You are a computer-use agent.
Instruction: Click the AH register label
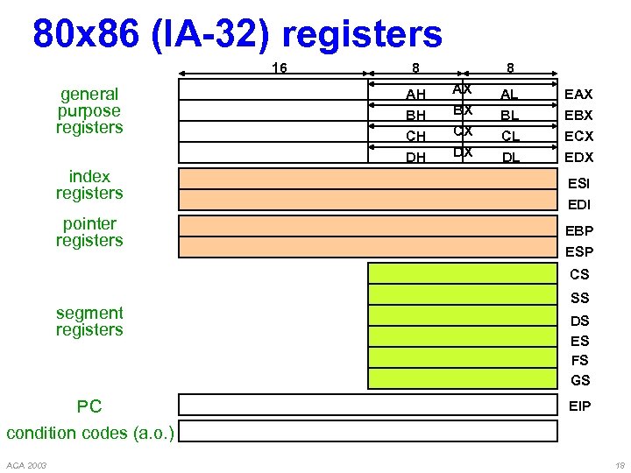[x=415, y=95]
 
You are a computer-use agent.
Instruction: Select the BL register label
[x=509, y=116]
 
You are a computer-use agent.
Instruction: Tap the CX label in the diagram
[x=462, y=131]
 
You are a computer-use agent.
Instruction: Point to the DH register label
[x=415, y=158]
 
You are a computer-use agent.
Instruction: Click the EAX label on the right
[x=578, y=94]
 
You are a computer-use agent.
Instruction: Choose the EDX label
[x=578, y=158]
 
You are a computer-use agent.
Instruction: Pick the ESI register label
[x=578, y=184]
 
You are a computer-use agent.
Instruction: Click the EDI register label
[x=578, y=205]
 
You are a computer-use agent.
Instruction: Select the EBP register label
[x=578, y=231]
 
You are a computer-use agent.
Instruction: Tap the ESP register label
[x=578, y=252]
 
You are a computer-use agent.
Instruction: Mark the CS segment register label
[x=579, y=274]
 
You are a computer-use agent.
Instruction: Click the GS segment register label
[x=579, y=380]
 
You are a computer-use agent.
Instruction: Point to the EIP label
[x=579, y=406]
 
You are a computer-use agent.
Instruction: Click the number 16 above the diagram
[x=279, y=67]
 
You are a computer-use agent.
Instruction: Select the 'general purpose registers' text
[x=89, y=110]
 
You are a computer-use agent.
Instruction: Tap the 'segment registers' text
[x=89, y=321]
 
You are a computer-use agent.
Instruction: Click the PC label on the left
[x=89, y=406]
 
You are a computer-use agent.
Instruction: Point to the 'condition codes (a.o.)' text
[x=90, y=433]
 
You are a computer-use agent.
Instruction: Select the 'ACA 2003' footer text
[x=26, y=464]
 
